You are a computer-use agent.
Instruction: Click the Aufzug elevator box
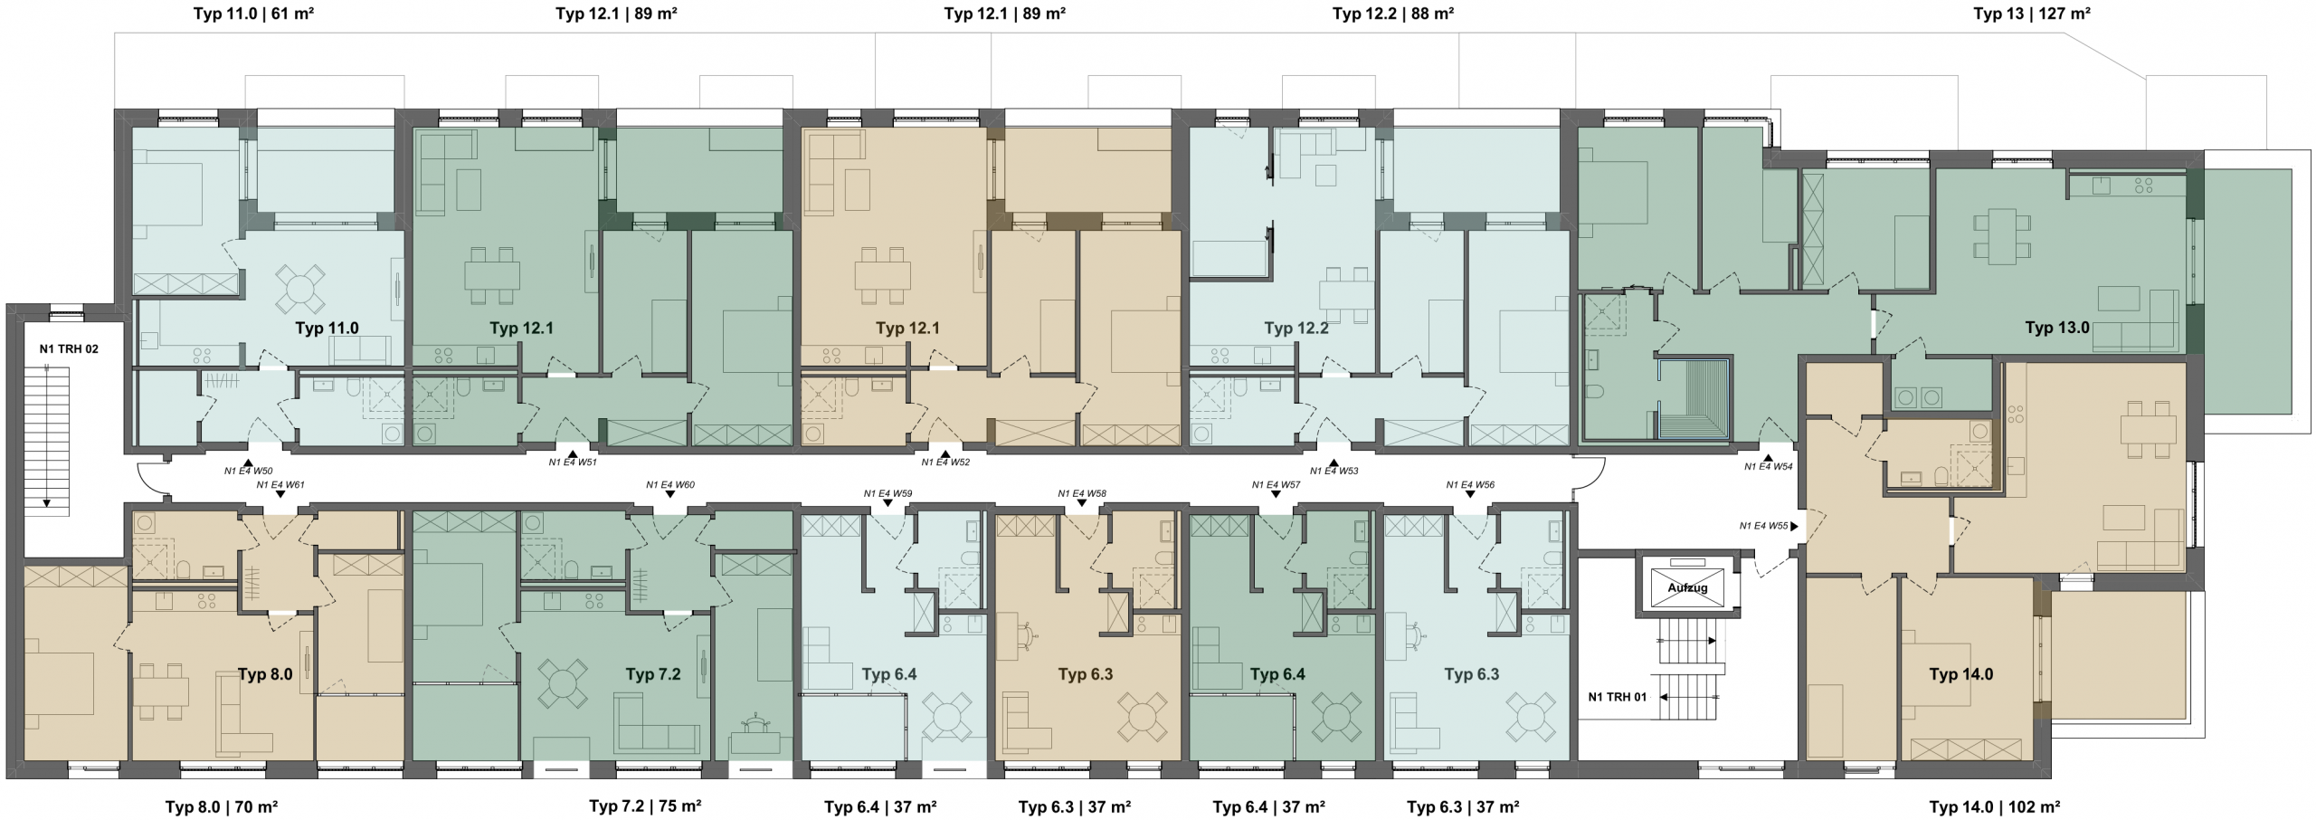1687,587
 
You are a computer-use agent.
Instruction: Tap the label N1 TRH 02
69,348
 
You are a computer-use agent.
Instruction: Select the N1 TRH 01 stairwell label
1618,697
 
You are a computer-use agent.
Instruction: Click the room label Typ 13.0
2057,328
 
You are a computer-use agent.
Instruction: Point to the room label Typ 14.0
1961,674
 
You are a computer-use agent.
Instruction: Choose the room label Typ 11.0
327,328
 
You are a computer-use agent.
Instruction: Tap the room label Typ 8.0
265,674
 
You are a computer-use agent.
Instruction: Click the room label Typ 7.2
653,674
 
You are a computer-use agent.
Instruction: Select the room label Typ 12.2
1296,328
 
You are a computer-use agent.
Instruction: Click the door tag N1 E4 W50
249,472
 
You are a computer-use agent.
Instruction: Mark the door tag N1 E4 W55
1764,526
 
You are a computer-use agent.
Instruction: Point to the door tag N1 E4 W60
670,485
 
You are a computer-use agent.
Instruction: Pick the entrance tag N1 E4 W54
1769,467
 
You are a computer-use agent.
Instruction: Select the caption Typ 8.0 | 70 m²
222,806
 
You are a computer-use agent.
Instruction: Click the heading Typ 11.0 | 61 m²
254,14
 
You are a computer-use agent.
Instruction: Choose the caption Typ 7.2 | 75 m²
646,806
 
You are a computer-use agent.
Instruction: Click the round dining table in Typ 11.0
300,287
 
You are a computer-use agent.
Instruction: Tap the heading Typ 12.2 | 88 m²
1393,14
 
